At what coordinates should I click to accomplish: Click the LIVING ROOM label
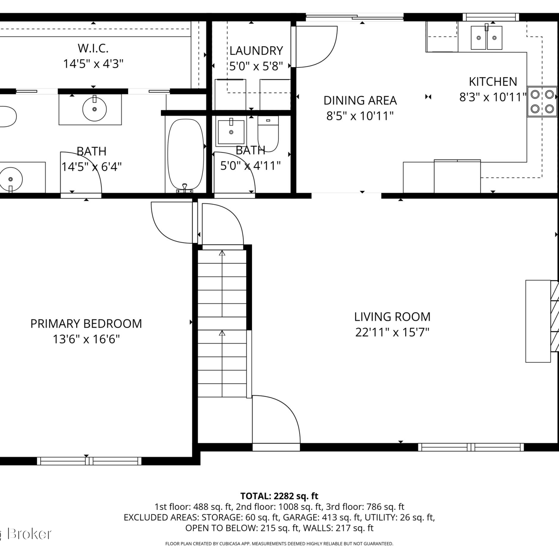click(x=392, y=317)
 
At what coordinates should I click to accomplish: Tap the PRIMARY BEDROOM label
click(x=86, y=323)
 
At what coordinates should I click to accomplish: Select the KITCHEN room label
click(x=493, y=82)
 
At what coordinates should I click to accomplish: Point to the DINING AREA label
click(x=360, y=100)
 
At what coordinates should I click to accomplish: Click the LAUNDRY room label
click(x=256, y=51)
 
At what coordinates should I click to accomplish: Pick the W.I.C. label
click(x=93, y=48)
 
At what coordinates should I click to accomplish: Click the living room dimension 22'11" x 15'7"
click(x=392, y=332)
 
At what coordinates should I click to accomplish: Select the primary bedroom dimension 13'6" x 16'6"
click(x=86, y=339)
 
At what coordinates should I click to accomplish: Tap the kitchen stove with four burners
click(x=542, y=102)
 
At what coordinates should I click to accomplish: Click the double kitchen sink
click(x=487, y=37)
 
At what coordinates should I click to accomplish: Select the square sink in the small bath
click(x=231, y=132)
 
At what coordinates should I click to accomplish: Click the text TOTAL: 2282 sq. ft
click(x=279, y=496)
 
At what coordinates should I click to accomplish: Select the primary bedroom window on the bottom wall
click(x=89, y=461)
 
